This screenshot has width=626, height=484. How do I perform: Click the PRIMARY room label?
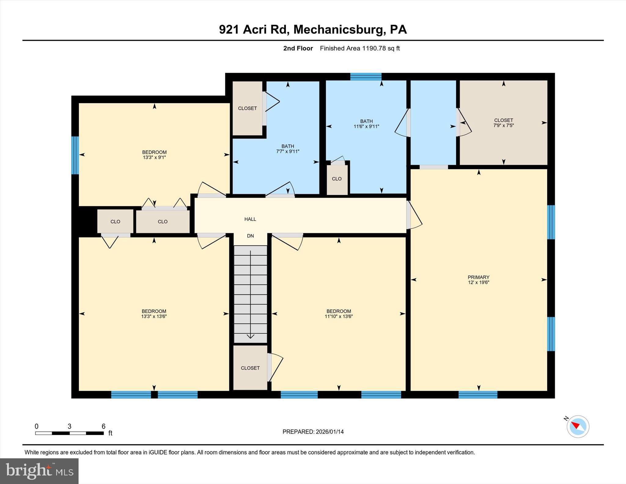coord(478,277)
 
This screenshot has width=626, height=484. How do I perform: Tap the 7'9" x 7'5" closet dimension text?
coord(503,125)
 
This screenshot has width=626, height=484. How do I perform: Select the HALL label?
coord(250,219)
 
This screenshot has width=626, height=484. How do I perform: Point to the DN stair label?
coord(250,236)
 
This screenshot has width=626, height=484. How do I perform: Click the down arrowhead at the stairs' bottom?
coord(250,336)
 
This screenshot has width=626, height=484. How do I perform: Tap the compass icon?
coord(578,426)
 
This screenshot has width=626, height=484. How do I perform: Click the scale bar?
coord(69,433)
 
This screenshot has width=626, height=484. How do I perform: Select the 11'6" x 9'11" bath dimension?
coord(366,126)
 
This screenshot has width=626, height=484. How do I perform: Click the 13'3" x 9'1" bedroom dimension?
coord(154,157)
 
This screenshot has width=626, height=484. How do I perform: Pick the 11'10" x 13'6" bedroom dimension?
coord(339,316)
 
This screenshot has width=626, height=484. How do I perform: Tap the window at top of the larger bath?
coord(366,76)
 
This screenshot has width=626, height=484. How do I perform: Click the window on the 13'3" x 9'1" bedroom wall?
coord(75,155)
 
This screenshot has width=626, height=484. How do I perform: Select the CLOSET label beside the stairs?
coord(250,368)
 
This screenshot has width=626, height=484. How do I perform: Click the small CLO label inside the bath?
coord(337,179)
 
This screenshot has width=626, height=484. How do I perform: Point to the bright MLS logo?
coord(39,471)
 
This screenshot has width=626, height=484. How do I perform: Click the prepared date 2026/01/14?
coord(330,432)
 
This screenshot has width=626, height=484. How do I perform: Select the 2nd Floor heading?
coord(298,48)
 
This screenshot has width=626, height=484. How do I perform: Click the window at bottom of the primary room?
coord(478,394)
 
